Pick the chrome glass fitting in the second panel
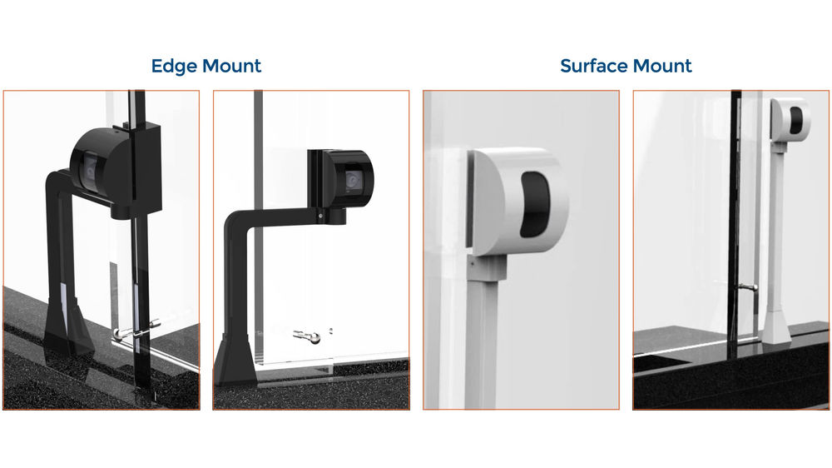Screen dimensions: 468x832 tap(310, 336)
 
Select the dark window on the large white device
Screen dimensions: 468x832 tap(532, 203)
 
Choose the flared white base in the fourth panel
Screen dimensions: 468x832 tap(775, 325)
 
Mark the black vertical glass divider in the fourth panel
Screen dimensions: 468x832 tap(735, 208)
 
